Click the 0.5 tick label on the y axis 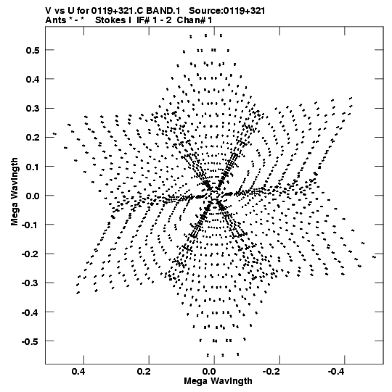tap(33, 50)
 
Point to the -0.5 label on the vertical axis tap(30, 341)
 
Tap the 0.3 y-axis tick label tap(33, 109)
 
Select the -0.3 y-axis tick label tap(30, 283)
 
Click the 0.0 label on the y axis tap(33, 196)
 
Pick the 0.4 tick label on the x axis tap(78, 372)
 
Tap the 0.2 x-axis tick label tap(144, 372)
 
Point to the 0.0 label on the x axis tap(209, 372)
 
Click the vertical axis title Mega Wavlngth tap(15, 192)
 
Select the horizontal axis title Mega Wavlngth tap(218, 381)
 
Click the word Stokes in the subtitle tap(110, 20)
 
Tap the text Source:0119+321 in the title tap(227, 11)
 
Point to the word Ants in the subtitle tap(56, 20)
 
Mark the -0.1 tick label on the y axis tap(30, 225)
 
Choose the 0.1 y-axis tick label tap(33, 167)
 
